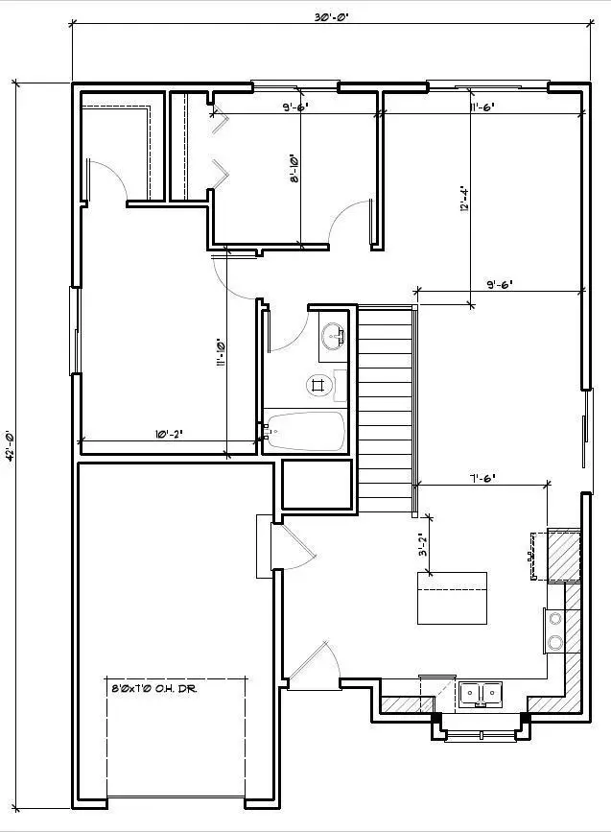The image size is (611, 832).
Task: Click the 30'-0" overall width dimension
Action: tap(332, 16)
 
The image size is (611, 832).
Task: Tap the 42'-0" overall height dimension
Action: tap(12, 445)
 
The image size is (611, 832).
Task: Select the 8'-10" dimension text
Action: tap(294, 171)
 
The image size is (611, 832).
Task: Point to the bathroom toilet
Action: tap(319, 385)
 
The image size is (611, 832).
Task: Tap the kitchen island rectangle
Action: tap(451, 598)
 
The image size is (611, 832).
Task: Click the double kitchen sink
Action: tap(481, 692)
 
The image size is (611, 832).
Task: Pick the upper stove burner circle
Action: tap(554, 620)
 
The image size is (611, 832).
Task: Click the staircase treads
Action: tap(385, 398)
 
